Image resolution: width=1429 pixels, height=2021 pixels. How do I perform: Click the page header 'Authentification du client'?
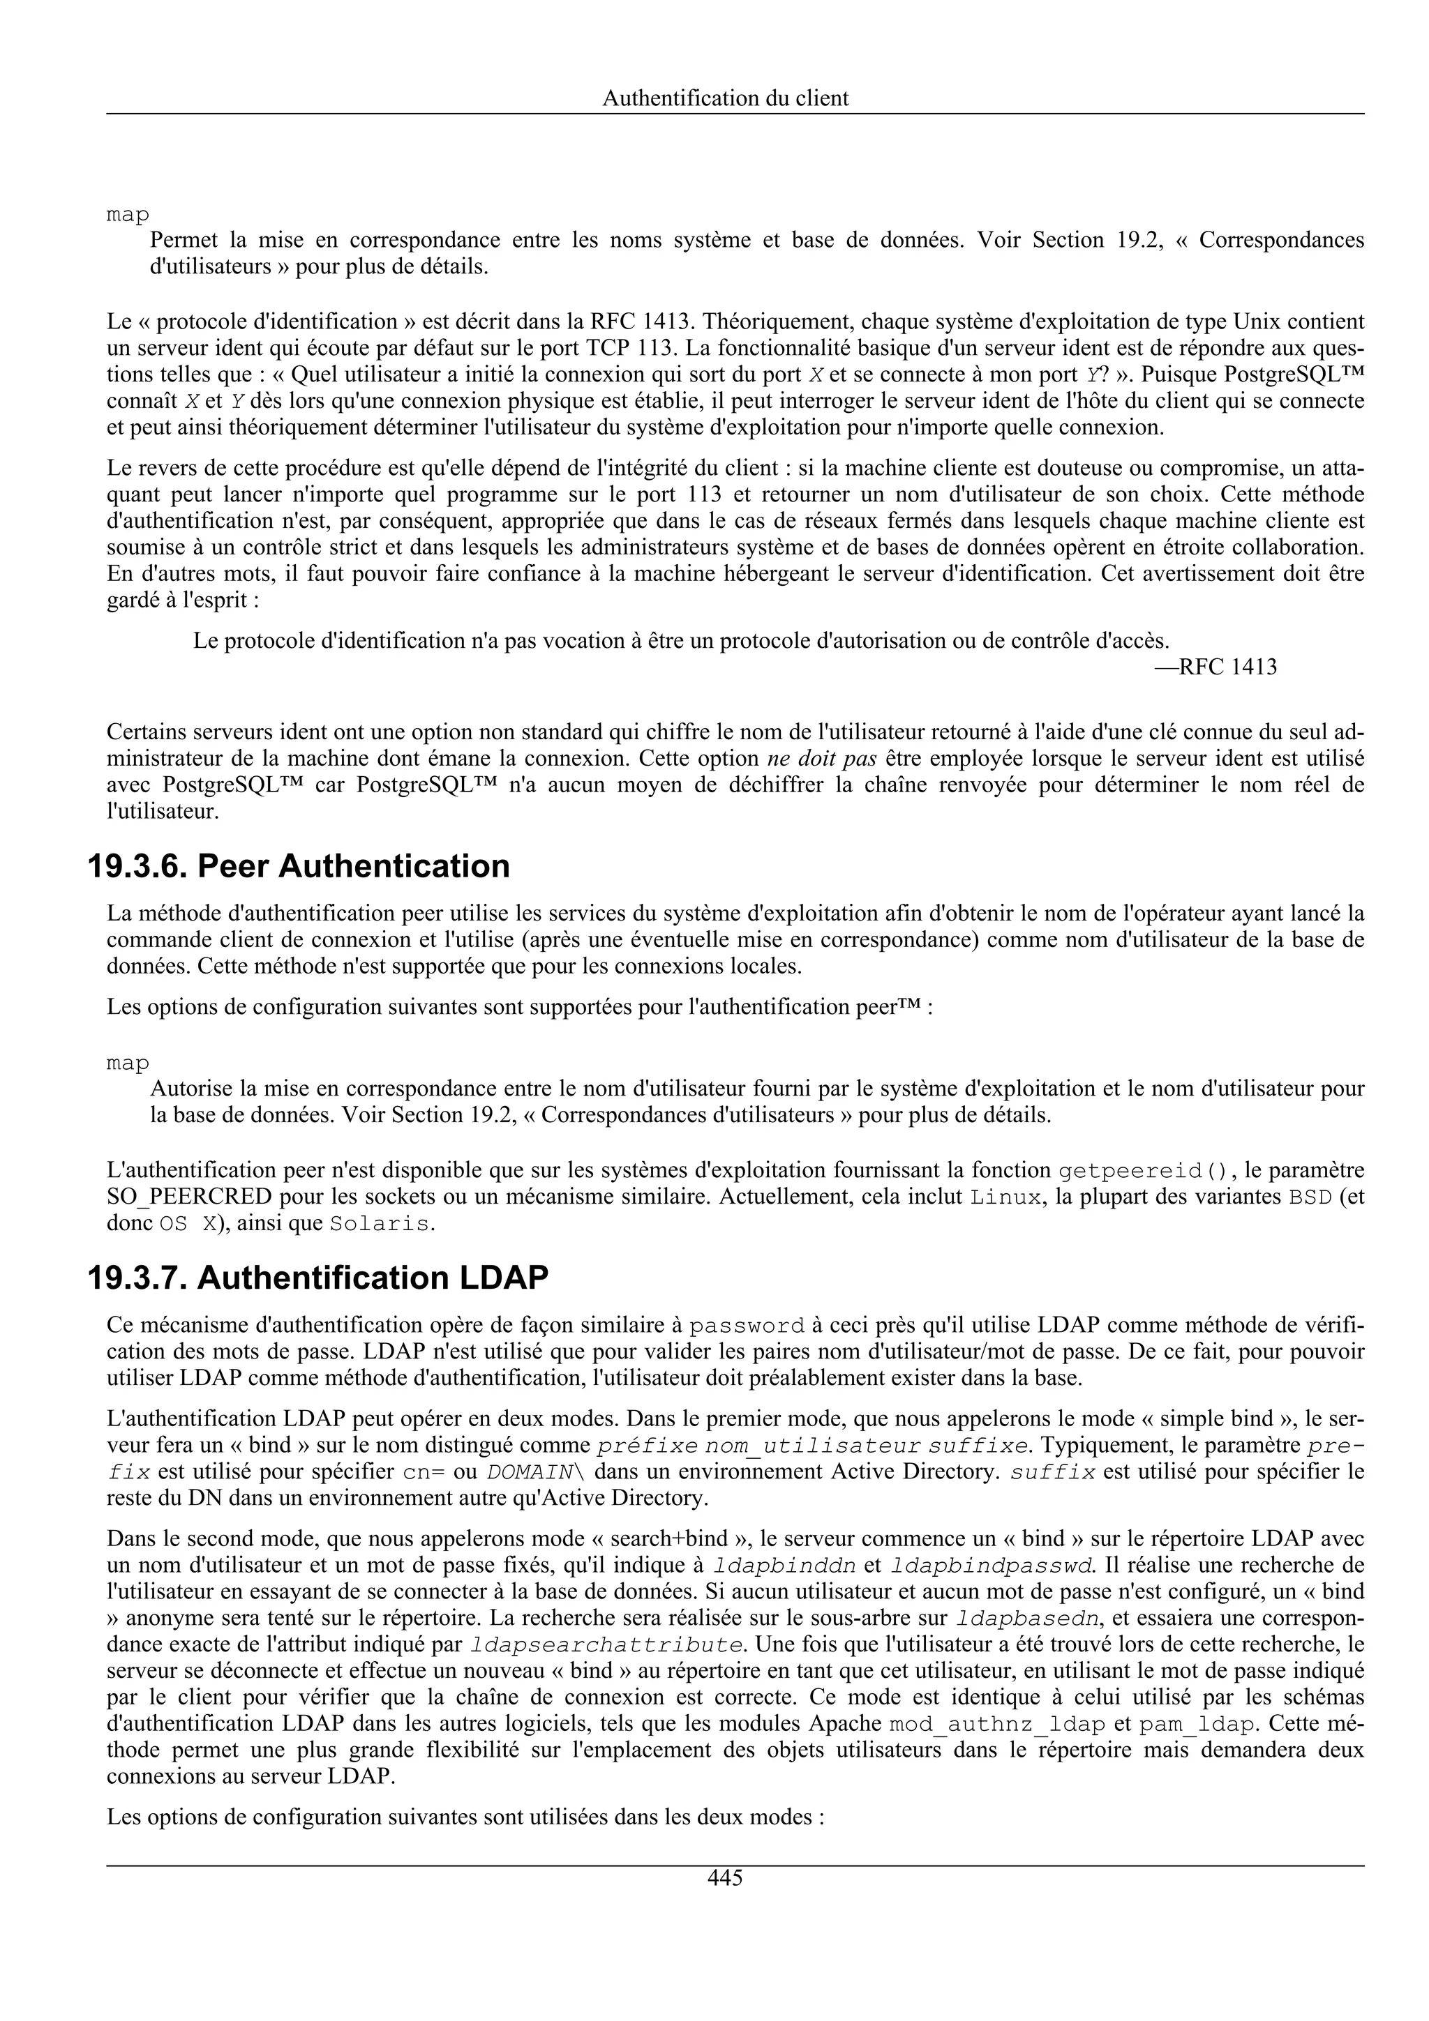725,98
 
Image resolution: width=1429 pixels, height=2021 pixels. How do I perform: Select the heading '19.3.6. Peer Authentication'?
299,866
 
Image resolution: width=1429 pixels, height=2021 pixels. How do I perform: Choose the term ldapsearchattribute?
606,1645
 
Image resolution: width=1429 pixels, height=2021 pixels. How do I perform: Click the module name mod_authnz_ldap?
998,1725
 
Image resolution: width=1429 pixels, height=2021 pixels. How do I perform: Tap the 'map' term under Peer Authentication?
128,1064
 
